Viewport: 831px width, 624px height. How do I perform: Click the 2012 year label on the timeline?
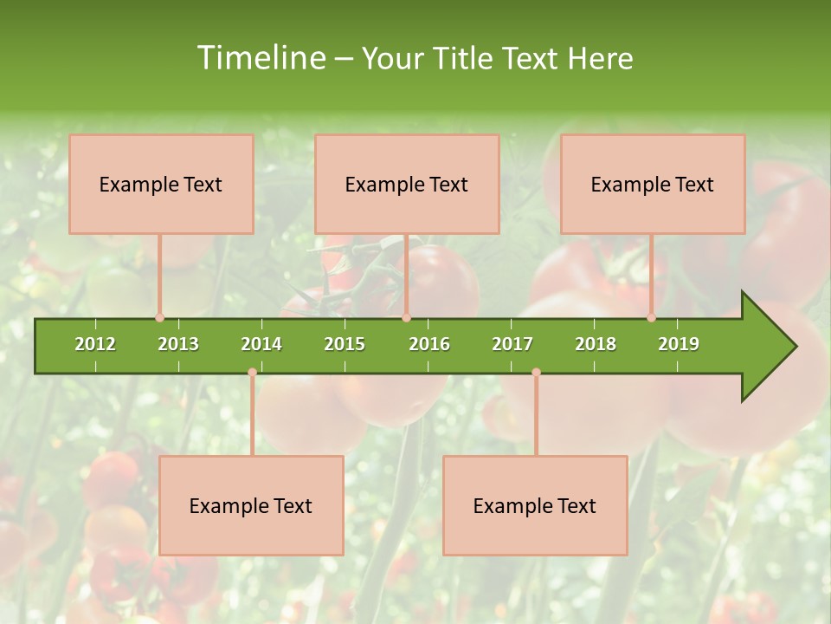click(95, 344)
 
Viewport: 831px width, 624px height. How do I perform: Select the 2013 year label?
click(178, 344)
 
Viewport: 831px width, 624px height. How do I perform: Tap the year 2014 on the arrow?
click(261, 344)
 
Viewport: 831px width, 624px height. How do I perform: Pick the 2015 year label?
click(345, 344)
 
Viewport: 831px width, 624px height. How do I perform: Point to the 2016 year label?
click(429, 344)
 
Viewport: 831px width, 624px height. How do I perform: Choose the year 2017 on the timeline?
click(512, 344)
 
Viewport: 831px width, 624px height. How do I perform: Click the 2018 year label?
click(596, 344)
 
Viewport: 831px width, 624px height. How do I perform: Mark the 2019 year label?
click(679, 344)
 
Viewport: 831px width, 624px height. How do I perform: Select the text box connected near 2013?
click(161, 184)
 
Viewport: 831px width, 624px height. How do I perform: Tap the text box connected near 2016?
click(407, 184)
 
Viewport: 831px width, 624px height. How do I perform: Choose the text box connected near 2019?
click(653, 184)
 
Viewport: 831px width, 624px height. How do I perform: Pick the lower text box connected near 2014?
click(251, 505)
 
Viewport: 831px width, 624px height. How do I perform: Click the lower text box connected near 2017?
click(535, 505)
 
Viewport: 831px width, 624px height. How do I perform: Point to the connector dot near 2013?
click(159, 318)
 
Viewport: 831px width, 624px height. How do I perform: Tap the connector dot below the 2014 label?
click(252, 372)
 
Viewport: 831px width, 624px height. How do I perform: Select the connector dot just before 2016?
click(406, 318)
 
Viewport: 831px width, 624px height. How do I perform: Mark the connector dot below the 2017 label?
click(536, 372)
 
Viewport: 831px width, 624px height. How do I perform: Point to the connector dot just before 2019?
click(652, 318)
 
